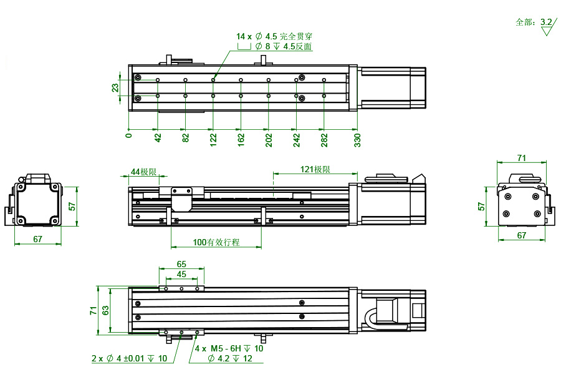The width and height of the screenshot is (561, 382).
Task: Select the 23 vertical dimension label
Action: coord(115,88)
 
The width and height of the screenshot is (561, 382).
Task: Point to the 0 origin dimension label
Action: coord(129,135)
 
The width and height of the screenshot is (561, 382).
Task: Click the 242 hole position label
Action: coord(296,139)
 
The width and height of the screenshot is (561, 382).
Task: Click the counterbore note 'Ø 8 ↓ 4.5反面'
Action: coord(283,47)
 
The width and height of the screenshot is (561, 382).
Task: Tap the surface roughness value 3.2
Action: coord(546,22)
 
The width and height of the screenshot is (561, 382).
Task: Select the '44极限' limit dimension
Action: coord(143,172)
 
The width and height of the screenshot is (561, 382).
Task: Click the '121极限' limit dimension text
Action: coord(315,170)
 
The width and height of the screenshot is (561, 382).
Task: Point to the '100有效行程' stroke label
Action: coord(216,242)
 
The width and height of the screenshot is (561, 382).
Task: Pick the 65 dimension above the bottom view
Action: coord(181,264)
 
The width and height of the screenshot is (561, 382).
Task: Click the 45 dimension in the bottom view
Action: coord(181,274)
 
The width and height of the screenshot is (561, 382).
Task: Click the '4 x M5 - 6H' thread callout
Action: coord(229,349)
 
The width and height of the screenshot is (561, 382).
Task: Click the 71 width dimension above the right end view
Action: coord(522,158)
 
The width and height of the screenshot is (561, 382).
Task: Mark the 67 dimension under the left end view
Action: coord(37,239)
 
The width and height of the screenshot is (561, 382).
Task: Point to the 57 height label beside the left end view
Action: coord(72,206)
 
